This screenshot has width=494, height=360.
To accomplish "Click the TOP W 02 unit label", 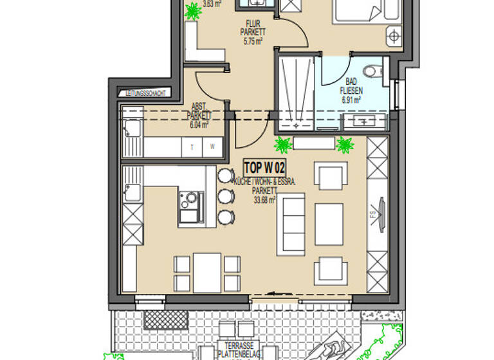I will click(x=264, y=168).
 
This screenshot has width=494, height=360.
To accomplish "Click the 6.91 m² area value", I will click(x=350, y=100).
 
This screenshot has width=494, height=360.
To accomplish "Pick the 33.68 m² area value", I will click(x=264, y=199).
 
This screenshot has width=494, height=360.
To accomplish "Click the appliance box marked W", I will click(x=212, y=147).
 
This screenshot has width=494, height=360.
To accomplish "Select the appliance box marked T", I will click(x=192, y=147).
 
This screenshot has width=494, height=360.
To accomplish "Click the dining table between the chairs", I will click(x=207, y=273).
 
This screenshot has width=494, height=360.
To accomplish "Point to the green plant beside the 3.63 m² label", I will click(x=192, y=11).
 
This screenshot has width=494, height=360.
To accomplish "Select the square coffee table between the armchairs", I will click(x=328, y=224).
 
